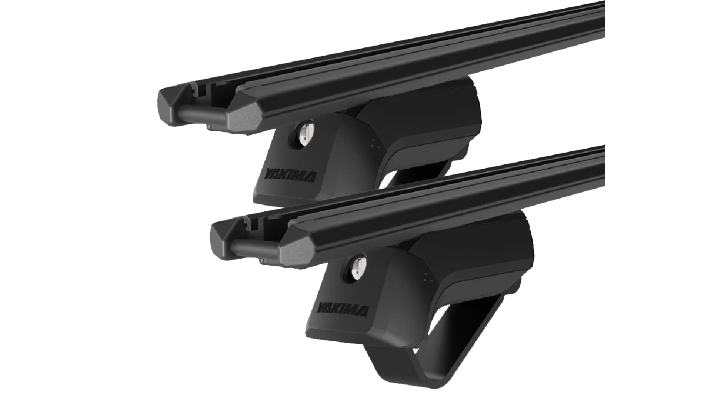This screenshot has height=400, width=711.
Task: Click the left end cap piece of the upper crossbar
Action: coord(171,107)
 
